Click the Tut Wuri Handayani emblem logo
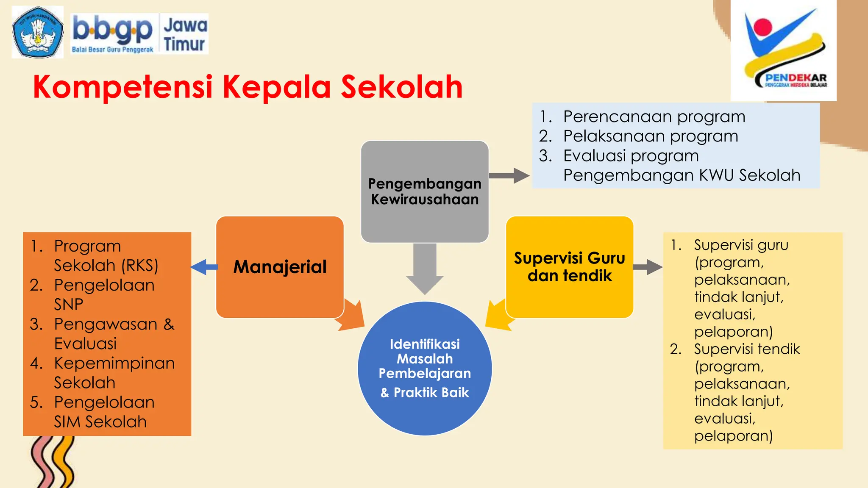point(37,32)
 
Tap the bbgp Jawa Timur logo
point(140,34)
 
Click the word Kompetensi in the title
point(123,87)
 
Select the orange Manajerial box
point(280,267)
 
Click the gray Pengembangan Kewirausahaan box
point(425,191)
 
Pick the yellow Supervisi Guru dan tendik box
point(569,267)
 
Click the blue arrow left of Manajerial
point(204,267)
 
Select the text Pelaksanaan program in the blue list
point(650,136)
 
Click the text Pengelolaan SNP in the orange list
point(104,294)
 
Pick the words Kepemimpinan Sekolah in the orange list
point(114,372)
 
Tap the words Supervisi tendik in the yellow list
point(746,349)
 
